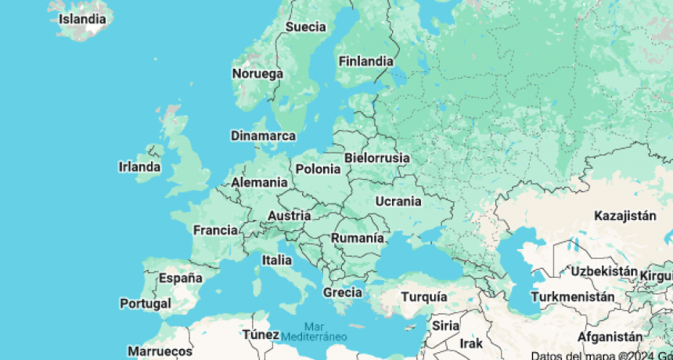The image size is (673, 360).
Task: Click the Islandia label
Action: tap(83, 17)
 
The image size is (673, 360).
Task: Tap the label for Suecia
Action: tap(305, 27)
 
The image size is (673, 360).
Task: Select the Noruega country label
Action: tap(257, 74)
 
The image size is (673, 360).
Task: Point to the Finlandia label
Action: tap(365, 61)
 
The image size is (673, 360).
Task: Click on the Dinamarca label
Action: tap(263, 135)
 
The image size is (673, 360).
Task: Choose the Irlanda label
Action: tap(139, 167)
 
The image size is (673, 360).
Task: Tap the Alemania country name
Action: tap(259, 182)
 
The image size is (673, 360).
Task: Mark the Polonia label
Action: tap(318, 168)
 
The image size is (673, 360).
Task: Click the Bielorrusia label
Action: tap(376, 157)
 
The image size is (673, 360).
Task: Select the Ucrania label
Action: tap(398, 201)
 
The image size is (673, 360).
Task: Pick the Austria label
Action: tap(289, 216)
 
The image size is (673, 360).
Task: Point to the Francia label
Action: tap(215, 230)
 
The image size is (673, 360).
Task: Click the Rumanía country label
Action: tap(358, 238)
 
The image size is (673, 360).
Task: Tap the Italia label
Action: tap(277, 260)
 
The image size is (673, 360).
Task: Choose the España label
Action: tap(181, 278)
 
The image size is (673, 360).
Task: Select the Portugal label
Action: tap(146, 303)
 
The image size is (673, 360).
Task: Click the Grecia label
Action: tap(343, 293)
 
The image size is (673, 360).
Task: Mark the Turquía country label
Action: tap(424, 297)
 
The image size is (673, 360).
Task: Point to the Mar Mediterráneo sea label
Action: tap(314, 331)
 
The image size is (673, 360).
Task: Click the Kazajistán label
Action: tap(625, 215)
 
